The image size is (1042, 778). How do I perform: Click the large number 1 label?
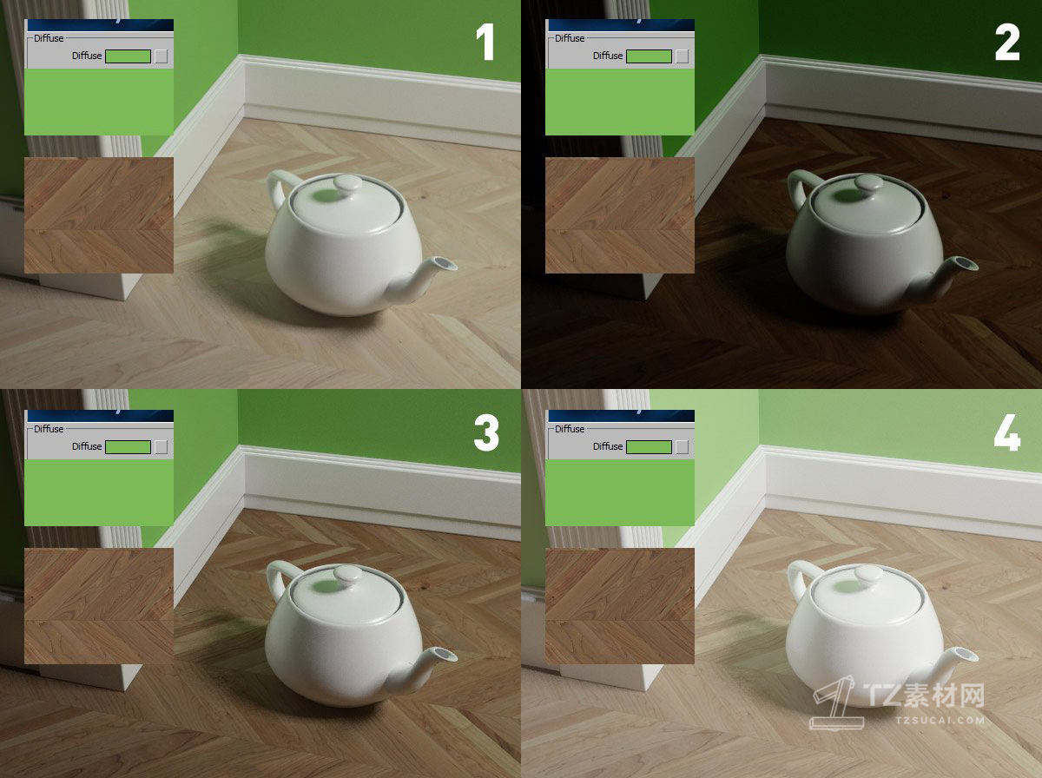coord(485,43)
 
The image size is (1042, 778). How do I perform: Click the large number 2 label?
coord(1006,43)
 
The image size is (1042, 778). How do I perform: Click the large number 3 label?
coord(485,432)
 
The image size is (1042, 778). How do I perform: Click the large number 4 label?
coord(1006,432)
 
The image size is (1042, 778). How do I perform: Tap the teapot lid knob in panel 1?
coord(347,183)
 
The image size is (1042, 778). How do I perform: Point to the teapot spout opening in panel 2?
coord(963,263)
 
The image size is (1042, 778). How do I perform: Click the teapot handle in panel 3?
coord(280,577)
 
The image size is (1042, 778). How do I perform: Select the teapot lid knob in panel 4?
coord(868,573)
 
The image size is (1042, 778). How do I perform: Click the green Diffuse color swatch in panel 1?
coord(128,56)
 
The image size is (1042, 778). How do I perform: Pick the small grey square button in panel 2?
coord(683,56)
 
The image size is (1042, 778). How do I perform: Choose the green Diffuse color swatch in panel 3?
coord(128,446)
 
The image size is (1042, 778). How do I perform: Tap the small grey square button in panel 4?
coord(683,446)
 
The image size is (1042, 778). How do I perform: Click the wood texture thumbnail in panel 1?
coord(99,214)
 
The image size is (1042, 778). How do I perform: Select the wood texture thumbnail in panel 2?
coord(620,214)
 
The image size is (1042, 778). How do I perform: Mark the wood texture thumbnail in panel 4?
coord(620,605)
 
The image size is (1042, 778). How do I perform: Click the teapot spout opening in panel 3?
coord(442,653)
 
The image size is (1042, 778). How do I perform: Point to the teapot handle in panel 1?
coord(280,186)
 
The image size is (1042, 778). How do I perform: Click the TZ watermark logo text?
coord(925,696)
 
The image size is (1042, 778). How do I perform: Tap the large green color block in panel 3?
coord(99,492)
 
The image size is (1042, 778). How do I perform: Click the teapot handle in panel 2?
coord(801,186)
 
